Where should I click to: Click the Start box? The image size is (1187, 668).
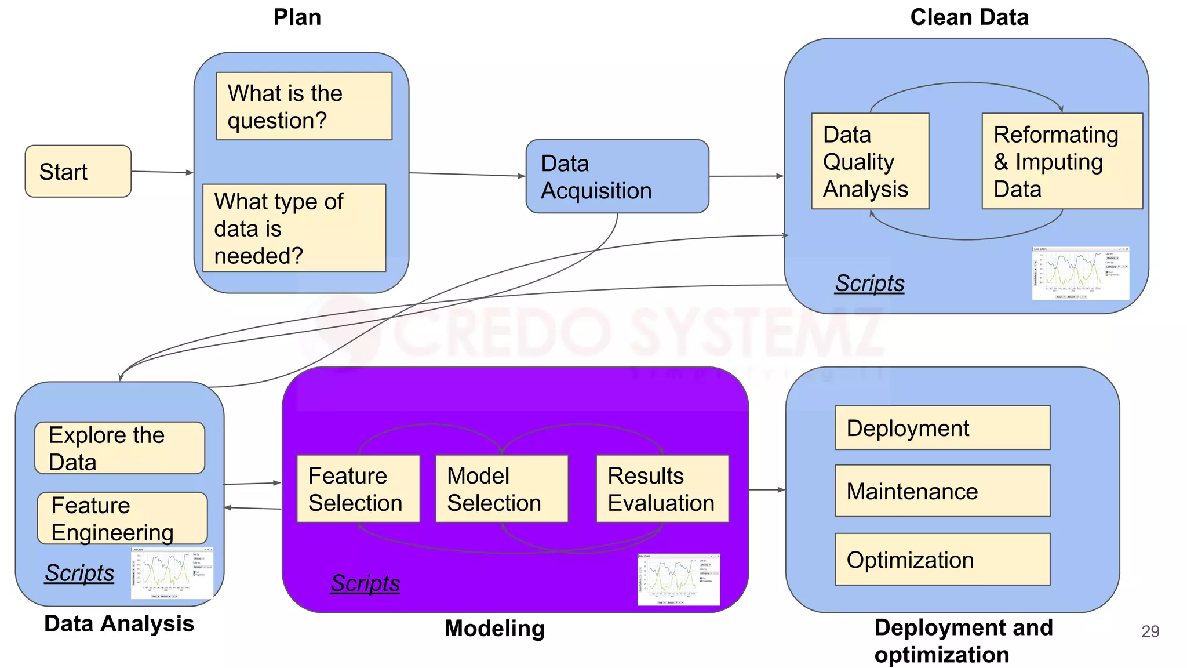pyautogui.click(x=78, y=172)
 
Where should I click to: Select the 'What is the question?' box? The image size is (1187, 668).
pyautogui.click(x=304, y=106)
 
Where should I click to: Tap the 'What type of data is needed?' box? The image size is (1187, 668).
pyautogui.click(x=294, y=228)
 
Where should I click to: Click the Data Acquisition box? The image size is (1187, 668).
pyautogui.click(x=617, y=176)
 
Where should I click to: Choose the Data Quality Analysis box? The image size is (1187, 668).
pyautogui.click(x=869, y=161)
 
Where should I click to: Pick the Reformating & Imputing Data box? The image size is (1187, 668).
pyautogui.click(x=1062, y=161)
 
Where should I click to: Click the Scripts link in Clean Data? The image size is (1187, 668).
pyautogui.click(x=869, y=284)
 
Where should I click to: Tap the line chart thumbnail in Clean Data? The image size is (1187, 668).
pyautogui.click(x=1080, y=273)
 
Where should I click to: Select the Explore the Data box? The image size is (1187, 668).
pyautogui.click(x=119, y=448)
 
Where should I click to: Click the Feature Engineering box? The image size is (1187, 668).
pyautogui.click(x=122, y=518)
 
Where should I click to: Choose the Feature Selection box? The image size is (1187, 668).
pyautogui.click(x=358, y=489)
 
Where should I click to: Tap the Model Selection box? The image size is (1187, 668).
pyautogui.click(x=501, y=489)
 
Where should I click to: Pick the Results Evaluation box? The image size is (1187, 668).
pyautogui.click(x=662, y=489)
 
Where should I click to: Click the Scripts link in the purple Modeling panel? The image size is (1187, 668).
pyautogui.click(x=365, y=583)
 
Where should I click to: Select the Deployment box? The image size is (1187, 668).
pyautogui.click(x=942, y=428)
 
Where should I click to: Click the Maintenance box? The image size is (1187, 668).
pyautogui.click(x=942, y=491)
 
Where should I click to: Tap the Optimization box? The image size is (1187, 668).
pyautogui.click(x=942, y=560)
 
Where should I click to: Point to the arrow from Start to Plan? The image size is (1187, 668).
pyautogui.click(x=162, y=172)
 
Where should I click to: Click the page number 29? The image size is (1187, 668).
pyautogui.click(x=1150, y=631)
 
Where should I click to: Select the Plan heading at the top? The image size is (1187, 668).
pyautogui.click(x=297, y=17)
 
